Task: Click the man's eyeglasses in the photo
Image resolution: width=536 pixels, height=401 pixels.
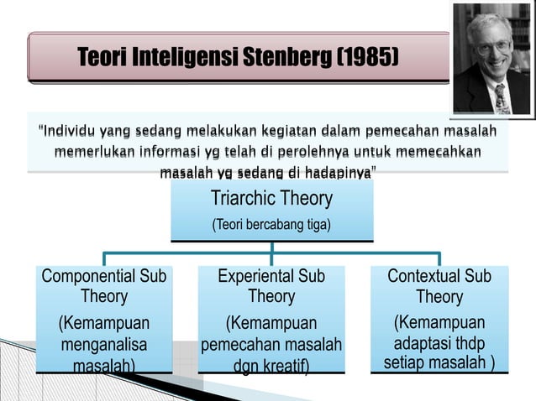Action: (x=494, y=46)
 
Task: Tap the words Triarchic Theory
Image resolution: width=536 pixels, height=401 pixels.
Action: (x=271, y=199)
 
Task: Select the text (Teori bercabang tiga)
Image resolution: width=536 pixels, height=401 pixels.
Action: (x=271, y=225)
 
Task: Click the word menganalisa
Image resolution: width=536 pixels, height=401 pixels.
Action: (x=103, y=345)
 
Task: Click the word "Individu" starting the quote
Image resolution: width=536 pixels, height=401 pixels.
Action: (x=69, y=133)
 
